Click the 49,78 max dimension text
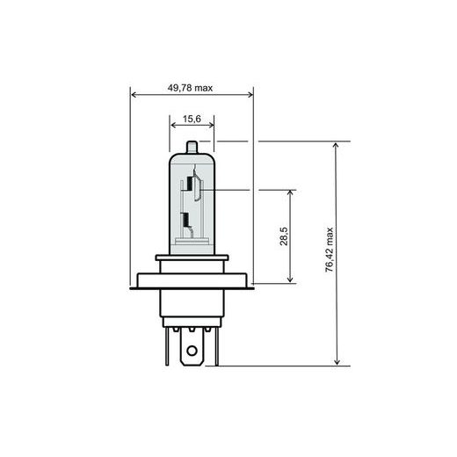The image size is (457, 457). click(x=191, y=87)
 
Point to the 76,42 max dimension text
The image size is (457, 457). click(x=329, y=253)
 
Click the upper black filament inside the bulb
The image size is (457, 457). click(x=187, y=186)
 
